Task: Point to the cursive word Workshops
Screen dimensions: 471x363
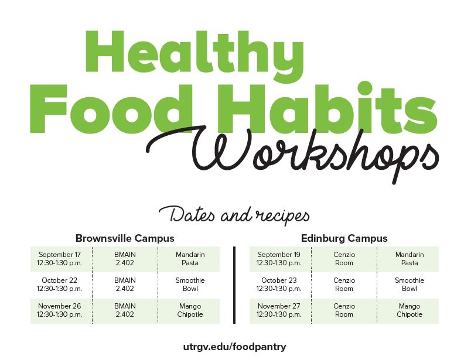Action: pos(293,153)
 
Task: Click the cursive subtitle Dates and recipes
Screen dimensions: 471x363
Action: pos(234,215)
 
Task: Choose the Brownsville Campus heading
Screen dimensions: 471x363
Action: pos(125,238)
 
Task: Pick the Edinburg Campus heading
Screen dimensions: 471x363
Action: pos(344,238)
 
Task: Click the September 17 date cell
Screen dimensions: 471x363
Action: pos(60,259)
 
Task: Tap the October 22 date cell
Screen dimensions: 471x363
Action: pos(60,285)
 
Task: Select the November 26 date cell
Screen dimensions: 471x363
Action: pos(60,310)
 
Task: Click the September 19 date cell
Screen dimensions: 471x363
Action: pos(279,259)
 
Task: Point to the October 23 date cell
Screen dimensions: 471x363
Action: pos(279,285)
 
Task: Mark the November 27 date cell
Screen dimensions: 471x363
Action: pos(279,310)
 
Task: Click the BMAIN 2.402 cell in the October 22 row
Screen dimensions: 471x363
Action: pos(125,285)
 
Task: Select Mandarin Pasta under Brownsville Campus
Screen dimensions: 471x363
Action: pos(190,259)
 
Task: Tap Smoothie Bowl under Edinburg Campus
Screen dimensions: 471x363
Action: pos(409,285)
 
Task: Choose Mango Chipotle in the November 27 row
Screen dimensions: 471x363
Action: pos(409,310)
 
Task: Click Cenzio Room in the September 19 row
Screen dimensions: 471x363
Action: pos(344,259)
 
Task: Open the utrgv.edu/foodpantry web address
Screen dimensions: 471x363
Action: pos(234,347)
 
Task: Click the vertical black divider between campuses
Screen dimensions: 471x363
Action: pos(234,285)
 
